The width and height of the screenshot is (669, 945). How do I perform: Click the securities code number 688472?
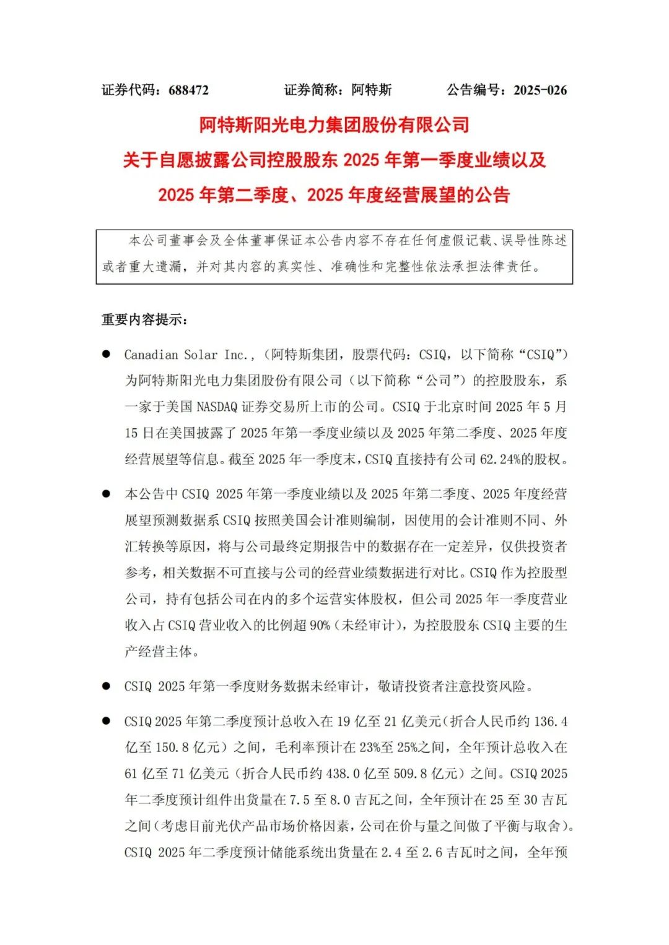click(188, 90)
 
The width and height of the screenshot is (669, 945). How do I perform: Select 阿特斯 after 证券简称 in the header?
click(372, 90)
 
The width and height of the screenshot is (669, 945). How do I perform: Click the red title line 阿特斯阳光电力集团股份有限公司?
click(334, 125)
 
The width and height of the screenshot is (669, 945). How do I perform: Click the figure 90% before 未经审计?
click(320, 626)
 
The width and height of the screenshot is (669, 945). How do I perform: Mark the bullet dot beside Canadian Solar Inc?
click(106, 354)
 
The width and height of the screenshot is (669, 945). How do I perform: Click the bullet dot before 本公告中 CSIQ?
click(106, 494)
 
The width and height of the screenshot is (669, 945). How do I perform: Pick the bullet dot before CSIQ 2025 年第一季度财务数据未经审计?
click(106, 686)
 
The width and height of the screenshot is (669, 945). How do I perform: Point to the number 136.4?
click(551, 722)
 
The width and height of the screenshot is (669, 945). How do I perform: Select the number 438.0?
click(343, 774)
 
